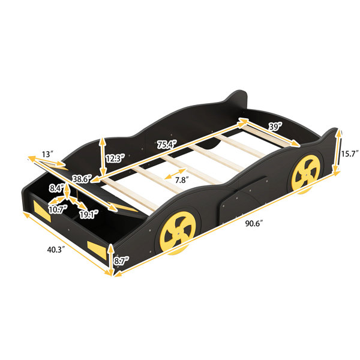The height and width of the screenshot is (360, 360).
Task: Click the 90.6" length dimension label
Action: point(254,223)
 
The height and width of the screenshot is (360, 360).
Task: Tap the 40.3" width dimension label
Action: point(56,250)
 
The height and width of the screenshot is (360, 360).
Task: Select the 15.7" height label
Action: point(349,154)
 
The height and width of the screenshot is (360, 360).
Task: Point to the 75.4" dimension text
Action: point(167,145)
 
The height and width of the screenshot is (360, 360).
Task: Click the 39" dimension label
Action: point(275,127)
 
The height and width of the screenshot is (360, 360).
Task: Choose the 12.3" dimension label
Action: point(115,158)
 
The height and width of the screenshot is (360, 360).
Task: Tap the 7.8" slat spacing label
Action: point(181,180)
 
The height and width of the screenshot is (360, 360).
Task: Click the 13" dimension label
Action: point(47,154)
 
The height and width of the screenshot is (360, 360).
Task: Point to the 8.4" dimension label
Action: point(56,188)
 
